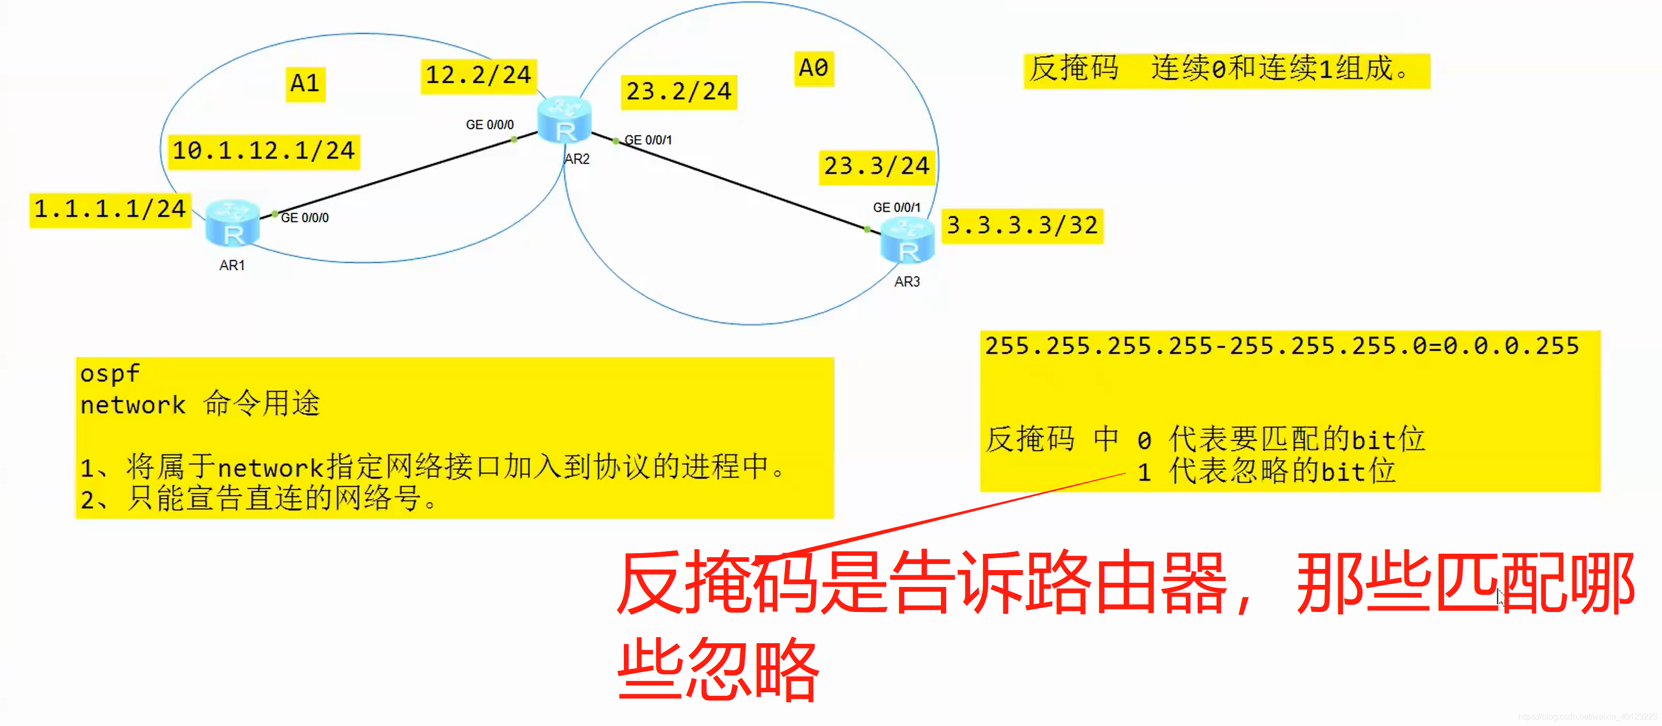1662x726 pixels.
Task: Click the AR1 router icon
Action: click(232, 223)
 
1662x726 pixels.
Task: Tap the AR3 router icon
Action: click(907, 240)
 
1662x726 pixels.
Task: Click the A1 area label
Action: click(305, 84)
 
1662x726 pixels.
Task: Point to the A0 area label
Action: click(813, 67)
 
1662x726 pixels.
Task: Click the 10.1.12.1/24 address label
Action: click(263, 151)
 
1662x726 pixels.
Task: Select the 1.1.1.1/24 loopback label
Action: click(109, 210)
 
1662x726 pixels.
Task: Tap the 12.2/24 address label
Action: click(478, 76)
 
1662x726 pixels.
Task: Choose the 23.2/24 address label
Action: click(679, 92)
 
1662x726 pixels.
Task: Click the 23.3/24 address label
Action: click(876, 166)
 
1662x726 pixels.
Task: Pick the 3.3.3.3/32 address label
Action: click(1022, 225)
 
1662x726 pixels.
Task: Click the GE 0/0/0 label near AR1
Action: click(304, 218)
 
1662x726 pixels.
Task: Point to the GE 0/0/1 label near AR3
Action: click(896, 207)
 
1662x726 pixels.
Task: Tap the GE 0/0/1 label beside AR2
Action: click(648, 140)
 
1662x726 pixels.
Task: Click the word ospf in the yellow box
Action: click(109, 373)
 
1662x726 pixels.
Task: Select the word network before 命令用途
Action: click(133, 405)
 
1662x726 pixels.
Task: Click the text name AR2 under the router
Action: click(577, 159)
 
